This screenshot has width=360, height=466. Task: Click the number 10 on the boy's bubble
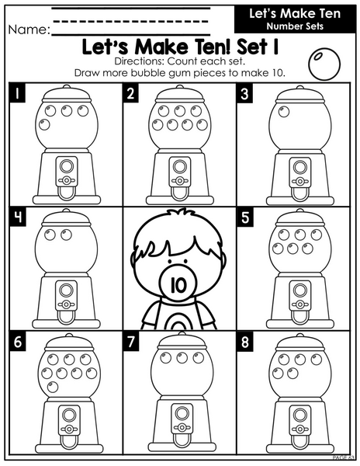pos(179,284)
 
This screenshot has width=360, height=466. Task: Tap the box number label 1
pos(17,94)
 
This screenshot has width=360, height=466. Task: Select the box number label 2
pos(130,94)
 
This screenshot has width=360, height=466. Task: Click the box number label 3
pos(245,94)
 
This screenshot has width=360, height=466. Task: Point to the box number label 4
pos(18,217)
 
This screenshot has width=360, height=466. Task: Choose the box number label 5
pos(245,217)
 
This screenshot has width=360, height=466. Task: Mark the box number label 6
pos(18,342)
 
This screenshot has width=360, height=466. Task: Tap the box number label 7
pos(130,342)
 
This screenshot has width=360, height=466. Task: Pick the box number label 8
pos(245,342)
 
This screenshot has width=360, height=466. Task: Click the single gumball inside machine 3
pos(284,111)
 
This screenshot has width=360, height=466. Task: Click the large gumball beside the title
pos(324,64)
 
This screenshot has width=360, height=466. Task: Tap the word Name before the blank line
pos(29,30)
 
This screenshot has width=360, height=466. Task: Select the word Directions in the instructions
pos(140,61)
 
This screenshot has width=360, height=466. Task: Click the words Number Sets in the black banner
pos(295,26)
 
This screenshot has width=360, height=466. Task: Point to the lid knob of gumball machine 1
pos(66,86)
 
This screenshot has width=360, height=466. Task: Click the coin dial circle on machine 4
pos(66,290)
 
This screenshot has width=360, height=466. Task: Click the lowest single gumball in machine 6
pos(53,387)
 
